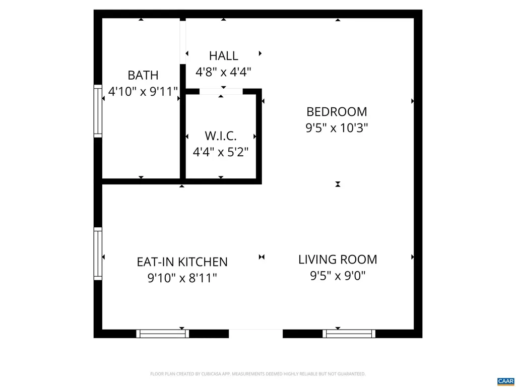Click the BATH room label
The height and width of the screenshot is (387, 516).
pyautogui.click(x=143, y=76)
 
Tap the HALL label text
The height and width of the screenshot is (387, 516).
pyautogui.click(x=223, y=56)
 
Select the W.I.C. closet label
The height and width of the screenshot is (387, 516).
pyautogui.click(x=221, y=136)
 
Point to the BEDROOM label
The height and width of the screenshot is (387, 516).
pyautogui.click(x=337, y=112)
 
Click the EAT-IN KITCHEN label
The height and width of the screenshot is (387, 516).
pyautogui.click(x=182, y=262)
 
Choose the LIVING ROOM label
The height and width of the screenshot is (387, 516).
pyautogui.click(x=338, y=260)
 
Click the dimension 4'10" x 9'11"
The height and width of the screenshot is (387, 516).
pyautogui.click(x=143, y=92)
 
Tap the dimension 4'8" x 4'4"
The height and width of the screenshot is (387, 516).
pyautogui.click(x=223, y=72)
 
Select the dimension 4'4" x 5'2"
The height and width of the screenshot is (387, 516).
pyautogui.click(x=221, y=152)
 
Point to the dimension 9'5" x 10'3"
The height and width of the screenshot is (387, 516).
pyautogui.click(x=337, y=128)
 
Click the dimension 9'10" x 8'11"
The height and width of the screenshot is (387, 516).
pyautogui.click(x=182, y=278)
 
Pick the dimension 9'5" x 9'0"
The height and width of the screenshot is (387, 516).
pyautogui.click(x=338, y=276)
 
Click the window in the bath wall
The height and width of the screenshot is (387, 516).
pyautogui.click(x=98, y=110)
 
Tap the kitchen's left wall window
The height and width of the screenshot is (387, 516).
pyautogui.click(x=98, y=253)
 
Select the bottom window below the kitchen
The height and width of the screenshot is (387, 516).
pyautogui.click(x=162, y=334)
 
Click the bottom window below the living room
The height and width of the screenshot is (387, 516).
pyautogui.click(x=349, y=334)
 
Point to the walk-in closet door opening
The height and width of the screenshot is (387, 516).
pyautogui.click(x=221, y=92)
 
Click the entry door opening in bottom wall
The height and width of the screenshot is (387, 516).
pyautogui.click(x=255, y=334)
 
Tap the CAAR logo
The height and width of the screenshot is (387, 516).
pyautogui.click(x=505, y=381)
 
